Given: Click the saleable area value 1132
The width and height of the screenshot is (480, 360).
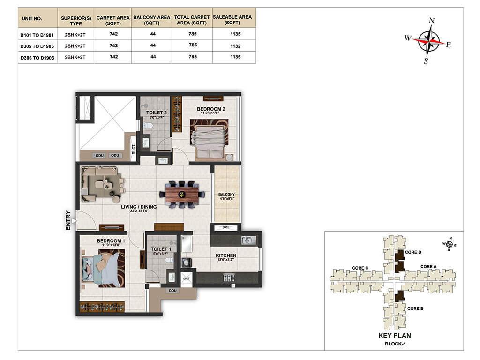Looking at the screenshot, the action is pos(235,46).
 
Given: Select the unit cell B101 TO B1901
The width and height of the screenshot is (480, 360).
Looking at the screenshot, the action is pos(37,35).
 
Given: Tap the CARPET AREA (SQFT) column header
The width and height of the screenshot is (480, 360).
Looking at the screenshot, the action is pos(113,20).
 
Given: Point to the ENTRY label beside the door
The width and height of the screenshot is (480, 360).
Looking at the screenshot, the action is pos(68,220).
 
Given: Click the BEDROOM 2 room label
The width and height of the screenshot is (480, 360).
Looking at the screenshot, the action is pos(211,109).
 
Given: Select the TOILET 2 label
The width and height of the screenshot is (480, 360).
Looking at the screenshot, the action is pos(157,112).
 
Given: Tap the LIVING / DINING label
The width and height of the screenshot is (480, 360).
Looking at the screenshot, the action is pos(139,207).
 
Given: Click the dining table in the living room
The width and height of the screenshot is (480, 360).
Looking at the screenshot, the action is pos(182,195).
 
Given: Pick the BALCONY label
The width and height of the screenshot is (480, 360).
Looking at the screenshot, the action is pos(226,195).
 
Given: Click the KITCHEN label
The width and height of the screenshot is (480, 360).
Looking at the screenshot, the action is pos(226,255).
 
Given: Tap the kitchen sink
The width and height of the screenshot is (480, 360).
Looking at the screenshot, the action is pos(248,240).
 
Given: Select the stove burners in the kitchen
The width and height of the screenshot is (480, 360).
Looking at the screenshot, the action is pos(229,277).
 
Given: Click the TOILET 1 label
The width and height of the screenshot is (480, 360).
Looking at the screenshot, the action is pos(161,249).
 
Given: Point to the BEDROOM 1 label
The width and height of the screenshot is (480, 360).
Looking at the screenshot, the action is pos(111,241).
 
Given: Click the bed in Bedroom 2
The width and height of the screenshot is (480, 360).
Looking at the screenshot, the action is pos(209,139).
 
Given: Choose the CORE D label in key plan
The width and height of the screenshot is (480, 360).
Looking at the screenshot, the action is pos(413,252).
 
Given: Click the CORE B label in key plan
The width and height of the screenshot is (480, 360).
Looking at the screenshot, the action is pos(415,308).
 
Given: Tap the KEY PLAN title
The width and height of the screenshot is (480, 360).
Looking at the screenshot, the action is pos(395,336).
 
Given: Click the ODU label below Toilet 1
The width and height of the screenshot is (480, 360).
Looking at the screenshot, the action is pos(172,291).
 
